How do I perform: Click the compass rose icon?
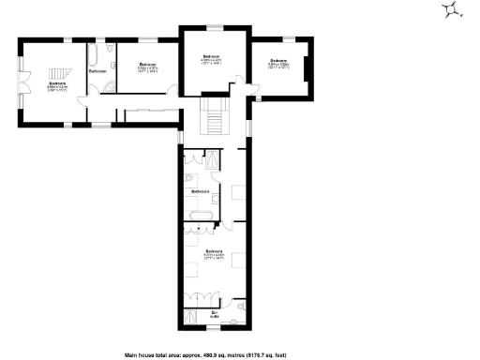454,9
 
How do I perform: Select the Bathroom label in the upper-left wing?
97,71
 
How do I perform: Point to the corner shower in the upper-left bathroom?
110,88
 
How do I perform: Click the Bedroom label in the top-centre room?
210,58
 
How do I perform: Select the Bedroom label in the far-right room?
277,63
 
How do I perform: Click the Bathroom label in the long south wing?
200,191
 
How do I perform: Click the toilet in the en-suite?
238,305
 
